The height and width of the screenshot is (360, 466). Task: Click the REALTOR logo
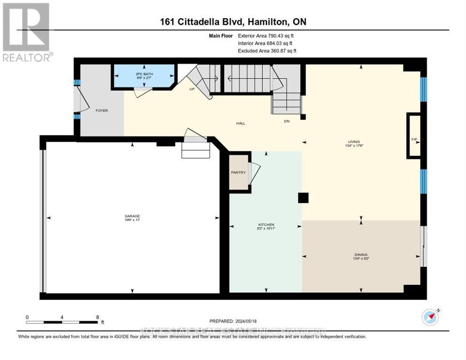[27, 32]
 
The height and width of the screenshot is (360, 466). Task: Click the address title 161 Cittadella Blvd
[233, 22]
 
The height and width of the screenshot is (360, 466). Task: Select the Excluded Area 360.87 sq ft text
[267, 51]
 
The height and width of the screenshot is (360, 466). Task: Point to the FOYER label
[102, 111]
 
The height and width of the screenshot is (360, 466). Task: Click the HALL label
[241, 123]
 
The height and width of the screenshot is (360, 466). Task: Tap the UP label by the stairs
[192, 89]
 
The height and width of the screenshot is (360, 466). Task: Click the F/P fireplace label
[414, 140]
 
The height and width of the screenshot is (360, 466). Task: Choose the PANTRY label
[238, 172]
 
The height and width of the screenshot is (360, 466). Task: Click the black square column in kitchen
[303, 198]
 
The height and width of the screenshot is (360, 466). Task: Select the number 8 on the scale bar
[98, 317]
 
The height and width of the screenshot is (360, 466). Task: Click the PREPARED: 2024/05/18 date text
[233, 321]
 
